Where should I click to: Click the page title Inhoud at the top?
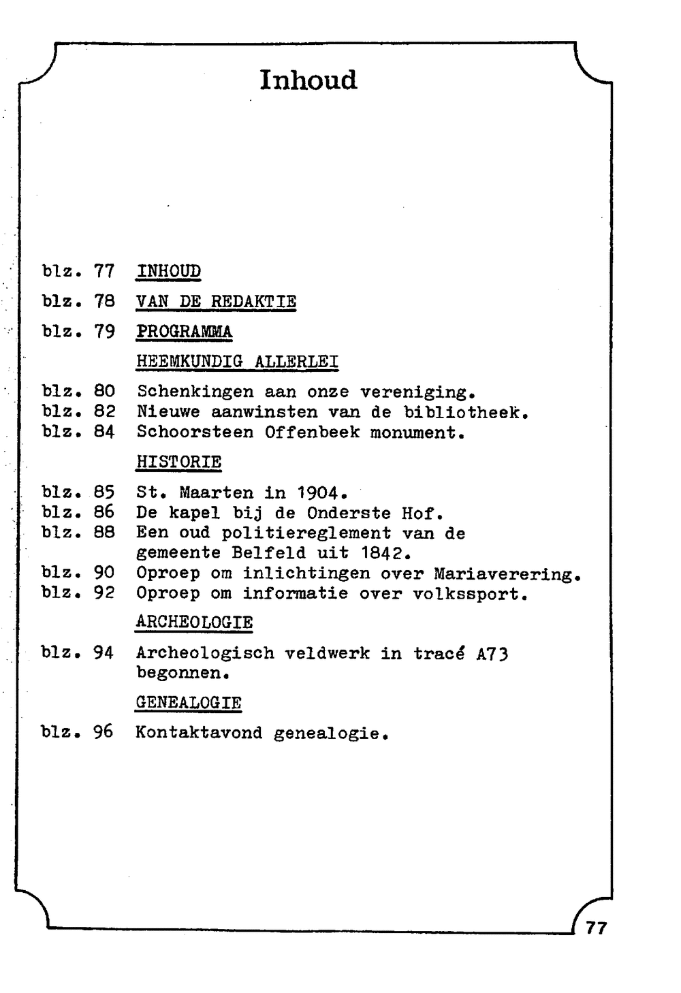(x=308, y=80)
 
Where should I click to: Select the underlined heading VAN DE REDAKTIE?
(x=216, y=301)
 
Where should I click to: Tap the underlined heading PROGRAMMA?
(x=184, y=332)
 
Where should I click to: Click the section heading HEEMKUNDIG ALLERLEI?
(x=237, y=361)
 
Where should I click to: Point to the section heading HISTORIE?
(x=178, y=462)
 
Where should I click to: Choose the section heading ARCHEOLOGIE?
(x=194, y=622)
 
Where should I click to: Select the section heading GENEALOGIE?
(x=189, y=702)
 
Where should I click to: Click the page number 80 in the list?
(x=104, y=392)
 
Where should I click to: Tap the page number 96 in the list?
(x=104, y=732)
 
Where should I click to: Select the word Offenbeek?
(x=312, y=432)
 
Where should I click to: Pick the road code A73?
(x=492, y=654)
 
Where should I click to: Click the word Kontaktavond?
(x=199, y=733)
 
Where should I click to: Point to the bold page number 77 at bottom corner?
(x=596, y=928)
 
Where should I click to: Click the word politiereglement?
(x=306, y=533)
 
